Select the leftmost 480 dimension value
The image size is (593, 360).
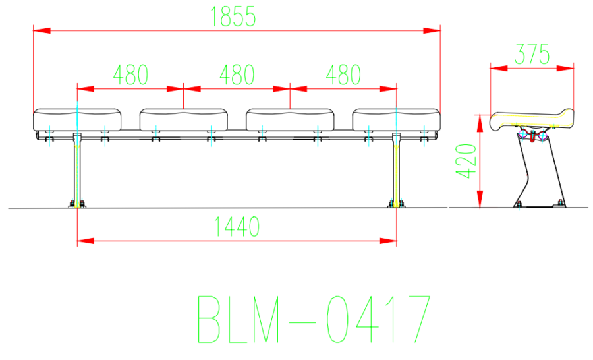130,75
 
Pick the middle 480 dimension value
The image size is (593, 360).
237,75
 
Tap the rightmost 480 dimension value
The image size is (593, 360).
343,75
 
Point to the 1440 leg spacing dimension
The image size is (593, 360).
237,227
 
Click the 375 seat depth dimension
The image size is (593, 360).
532,54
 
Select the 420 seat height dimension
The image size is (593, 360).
467,161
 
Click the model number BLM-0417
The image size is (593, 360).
314,319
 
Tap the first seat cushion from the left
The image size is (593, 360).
78,119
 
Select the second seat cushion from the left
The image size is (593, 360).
184,119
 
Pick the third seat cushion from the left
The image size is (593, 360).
290,119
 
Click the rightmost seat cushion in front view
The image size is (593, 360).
396,119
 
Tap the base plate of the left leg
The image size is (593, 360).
77,205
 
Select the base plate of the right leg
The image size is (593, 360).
397,205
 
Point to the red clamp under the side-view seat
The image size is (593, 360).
533,135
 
